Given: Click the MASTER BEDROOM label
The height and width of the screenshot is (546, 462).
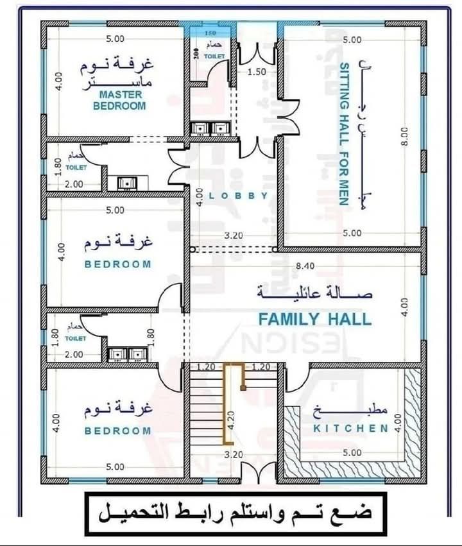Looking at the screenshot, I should pos(121,100).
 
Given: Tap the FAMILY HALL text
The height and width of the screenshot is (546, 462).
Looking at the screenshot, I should pos(314,319).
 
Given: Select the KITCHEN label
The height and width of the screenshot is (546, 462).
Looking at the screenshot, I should pos(350,428).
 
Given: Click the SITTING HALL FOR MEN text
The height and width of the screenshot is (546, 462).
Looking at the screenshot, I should pos(343,133).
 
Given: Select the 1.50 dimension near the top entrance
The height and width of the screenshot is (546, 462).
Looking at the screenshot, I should pos(257,72).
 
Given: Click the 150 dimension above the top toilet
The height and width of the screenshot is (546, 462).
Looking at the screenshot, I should pos(210,33).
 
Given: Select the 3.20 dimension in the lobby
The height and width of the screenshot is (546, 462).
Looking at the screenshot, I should pos(233,235).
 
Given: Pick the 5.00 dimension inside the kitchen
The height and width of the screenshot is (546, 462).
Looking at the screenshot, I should pos(352,452).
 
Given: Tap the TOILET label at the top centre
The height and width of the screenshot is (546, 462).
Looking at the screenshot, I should pos(215,56).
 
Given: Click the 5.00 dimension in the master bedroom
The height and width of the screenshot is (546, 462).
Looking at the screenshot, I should pos(116,38).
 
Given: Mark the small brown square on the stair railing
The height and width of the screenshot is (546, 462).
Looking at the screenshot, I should pos(243,388).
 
